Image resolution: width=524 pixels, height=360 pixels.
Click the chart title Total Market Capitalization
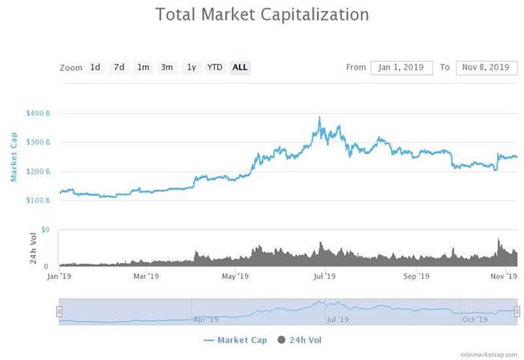tap(261, 14)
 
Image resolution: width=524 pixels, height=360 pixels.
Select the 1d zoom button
tap(95, 67)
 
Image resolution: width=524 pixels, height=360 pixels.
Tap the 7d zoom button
tap(119, 67)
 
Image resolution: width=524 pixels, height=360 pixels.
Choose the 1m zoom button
tap(143, 67)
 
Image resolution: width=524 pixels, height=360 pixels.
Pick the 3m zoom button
tap(167, 67)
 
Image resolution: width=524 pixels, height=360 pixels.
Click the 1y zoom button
tap(191, 67)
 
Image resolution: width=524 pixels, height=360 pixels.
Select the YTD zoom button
tap(215, 67)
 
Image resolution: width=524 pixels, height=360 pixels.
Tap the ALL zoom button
tap(240, 67)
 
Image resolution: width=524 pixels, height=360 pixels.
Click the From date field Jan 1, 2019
tap(401, 67)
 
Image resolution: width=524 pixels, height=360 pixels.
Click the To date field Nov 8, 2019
tap(487, 67)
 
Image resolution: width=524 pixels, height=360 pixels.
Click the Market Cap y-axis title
tap(13, 157)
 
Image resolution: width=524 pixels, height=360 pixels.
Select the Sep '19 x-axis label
tap(416, 276)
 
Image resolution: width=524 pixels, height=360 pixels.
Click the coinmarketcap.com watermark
tap(487, 353)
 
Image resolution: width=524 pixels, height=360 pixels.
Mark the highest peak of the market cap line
tap(320, 118)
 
